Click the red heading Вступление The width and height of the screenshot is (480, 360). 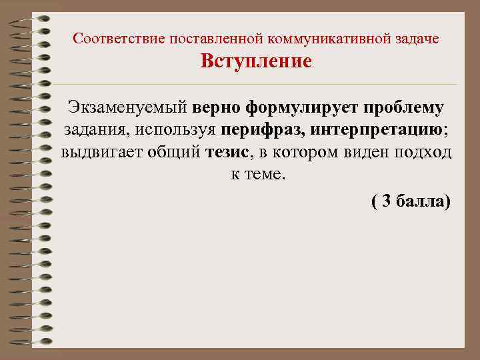point(256,62)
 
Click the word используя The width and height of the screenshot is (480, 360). point(171,130)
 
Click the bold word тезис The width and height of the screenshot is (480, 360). point(226,153)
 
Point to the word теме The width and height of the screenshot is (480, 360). point(265,176)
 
